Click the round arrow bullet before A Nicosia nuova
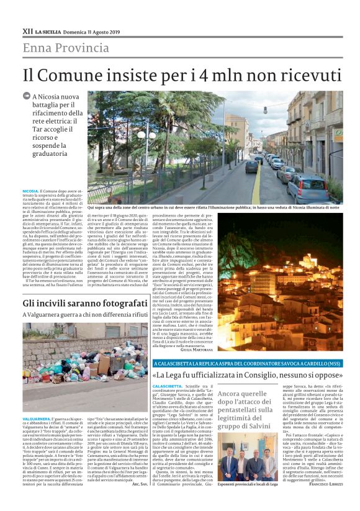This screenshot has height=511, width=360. click(27, 97)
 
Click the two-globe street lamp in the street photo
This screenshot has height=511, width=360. click(147, 135)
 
